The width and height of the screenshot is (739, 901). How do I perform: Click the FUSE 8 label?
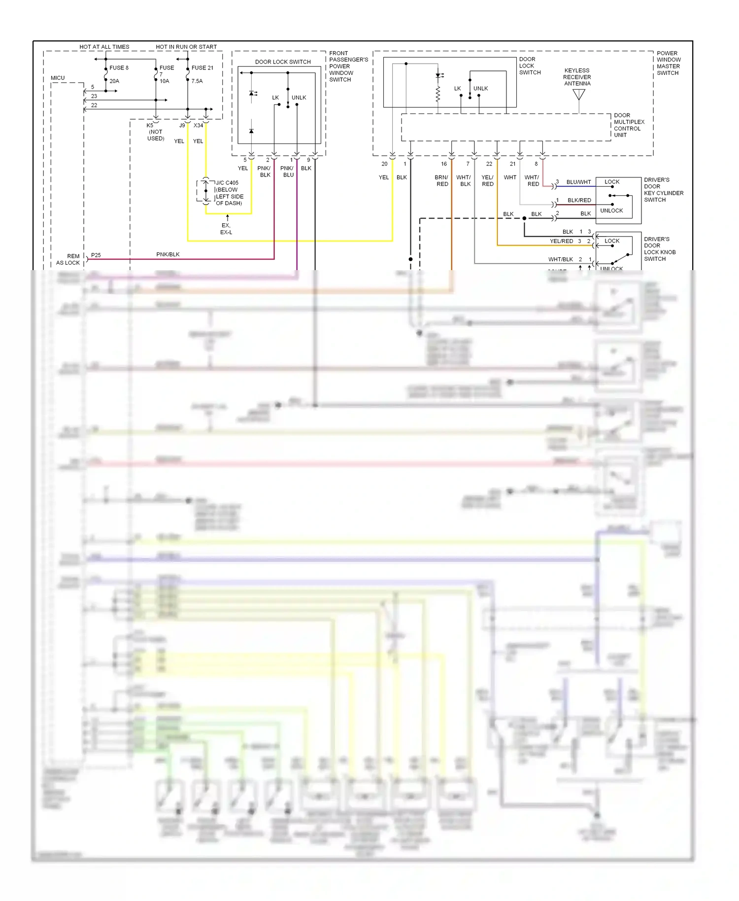pyautogui.click(x=119, y=68)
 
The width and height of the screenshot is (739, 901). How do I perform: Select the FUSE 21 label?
pyautogui.click(x=202, y=68)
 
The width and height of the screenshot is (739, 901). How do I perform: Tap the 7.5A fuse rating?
pyautogui.click(x=197, y=81)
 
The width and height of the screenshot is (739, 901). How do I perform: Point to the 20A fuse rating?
pyautogui.click(x=114, y=81)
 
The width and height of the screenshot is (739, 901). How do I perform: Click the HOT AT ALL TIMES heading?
pyautogui.click(x=104, y=47)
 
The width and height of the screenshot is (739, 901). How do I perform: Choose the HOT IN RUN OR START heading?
pyautogui.click(x=186, y=47)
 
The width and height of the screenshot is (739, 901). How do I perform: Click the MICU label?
pyautogui.click(x=58, y=78)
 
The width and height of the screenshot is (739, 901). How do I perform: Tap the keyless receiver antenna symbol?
pyautogui.click(x=579, y=94)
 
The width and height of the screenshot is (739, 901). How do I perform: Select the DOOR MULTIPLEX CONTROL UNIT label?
pyautogui.click(x=629, y=125)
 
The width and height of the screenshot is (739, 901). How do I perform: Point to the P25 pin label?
pyautogui.click(x=96, y=255)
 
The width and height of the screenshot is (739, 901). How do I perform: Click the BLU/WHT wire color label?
pyautogui.click(x=578, y=182)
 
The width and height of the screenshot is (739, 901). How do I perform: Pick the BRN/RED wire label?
pyautogui.click(x=442, y=181)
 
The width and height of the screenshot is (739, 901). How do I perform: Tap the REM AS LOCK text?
pyautogui.click(x=68, y=259)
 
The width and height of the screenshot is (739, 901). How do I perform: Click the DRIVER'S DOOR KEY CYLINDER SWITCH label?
pyautogui.click(x=663, y=190)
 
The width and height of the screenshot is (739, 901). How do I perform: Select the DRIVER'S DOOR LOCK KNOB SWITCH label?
pyautogui.click(x=660, y=249)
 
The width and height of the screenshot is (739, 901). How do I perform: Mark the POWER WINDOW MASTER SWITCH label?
pyautogui.click(x=668, y=63)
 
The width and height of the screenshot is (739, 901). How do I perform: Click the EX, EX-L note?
pyautogui.click(x=226, y=229)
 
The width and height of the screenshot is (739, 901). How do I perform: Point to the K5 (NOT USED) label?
pyautogui.click(x=155, y=132)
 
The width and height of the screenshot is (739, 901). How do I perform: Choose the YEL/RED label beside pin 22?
pyautogui.click(x=487, y=181)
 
